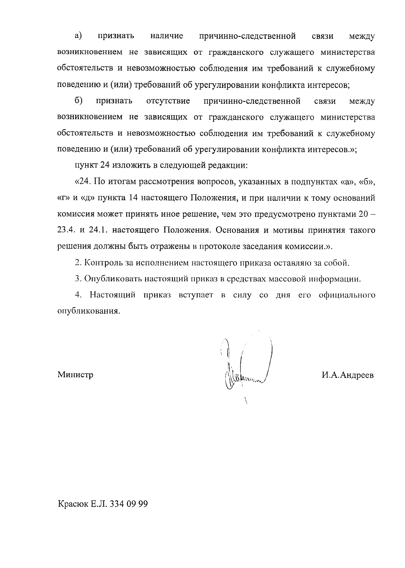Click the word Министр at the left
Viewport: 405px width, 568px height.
click(x=75, y=375)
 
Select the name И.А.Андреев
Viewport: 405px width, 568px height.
click(x=348, y=375)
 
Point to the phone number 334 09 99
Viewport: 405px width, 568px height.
click(x=129, y=504)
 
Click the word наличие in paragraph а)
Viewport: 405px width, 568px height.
click(x=167, y=36)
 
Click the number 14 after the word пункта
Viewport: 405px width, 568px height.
click(x=133, y=198)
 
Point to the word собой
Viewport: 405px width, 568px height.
click(x=337, y=263)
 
